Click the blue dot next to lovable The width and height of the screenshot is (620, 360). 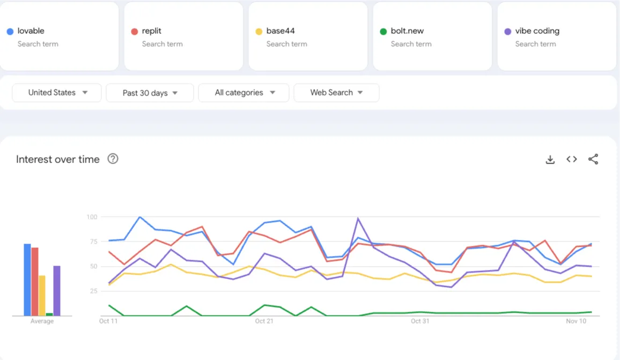pyautogui.click(x=10, y=32)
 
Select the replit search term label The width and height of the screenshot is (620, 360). pyautogui.click(x=152, y=31)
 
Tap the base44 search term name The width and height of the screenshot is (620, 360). pyautogui.click(x=280, y=31)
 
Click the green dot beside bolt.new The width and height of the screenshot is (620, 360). pyautogui.click(x=383, y=32)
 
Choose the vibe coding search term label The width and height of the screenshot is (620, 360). pyautogui.click(x=537, y=31)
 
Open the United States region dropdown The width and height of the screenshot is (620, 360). pyautogui.click(x=57, y=93)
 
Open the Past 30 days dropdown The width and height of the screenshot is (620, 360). pyautogui.click(x=150, y=93)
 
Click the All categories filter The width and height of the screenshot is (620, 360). pyautogui.click(x=244, y=93)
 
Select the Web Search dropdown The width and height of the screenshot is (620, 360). pyautogui.click(x=336, y=93)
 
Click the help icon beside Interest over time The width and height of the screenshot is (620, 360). pyautogui.click(x=113, y=159)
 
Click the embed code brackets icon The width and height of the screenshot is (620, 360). pyautogui.click(x=572, y=159)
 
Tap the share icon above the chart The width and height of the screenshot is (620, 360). pyautogui.click(x=593, y=159)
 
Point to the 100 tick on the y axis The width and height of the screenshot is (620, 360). pyautogui.click(x=92, y=217)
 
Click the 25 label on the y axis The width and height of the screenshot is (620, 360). pyautogui.click(x=93, y=291)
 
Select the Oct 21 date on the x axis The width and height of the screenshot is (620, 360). pyautogui.click(x=264, y=321)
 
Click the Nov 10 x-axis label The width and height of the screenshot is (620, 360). pyautogui.click(x=576, y=321)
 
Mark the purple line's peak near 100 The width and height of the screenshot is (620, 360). pyautogui.click(x=358, y=218)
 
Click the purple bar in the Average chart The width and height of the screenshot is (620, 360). pyautogui.click(x=57, y=291)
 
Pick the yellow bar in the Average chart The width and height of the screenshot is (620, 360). pyautogui.click(x=42, y=296)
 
